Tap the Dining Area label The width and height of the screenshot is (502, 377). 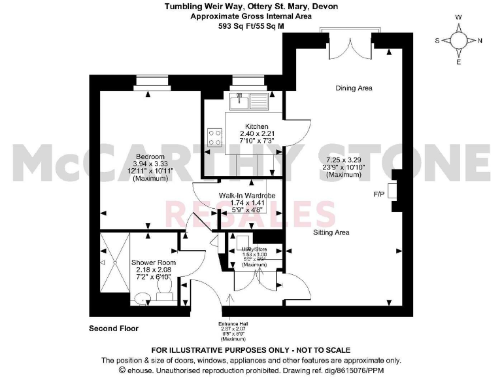pos(354,88)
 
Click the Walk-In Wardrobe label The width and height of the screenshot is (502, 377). pos(247,196)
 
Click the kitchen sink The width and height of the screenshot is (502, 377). pos(250,101)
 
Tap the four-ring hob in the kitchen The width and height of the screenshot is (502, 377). pos(214,137)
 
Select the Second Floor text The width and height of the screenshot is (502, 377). pos(114,328)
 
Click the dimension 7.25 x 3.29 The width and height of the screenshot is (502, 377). pos(343,160)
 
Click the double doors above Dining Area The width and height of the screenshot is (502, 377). pos(349,45)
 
